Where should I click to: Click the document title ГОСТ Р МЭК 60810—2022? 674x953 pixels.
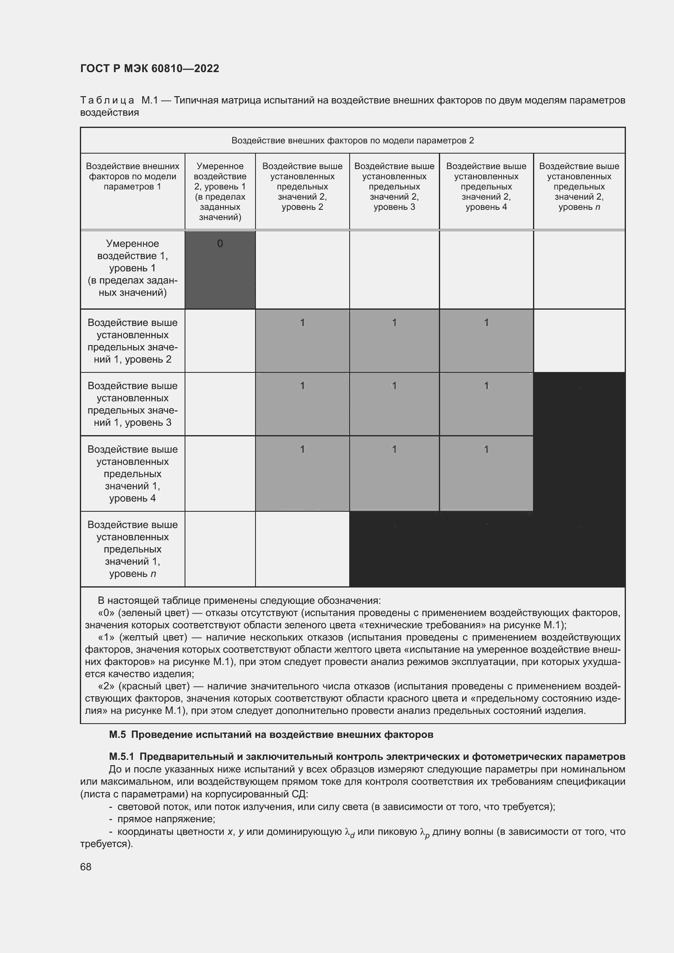click(x=150, y=68)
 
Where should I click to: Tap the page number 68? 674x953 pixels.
click(x=86, y=867)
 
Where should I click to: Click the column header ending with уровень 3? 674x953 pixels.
click(x=394, y=186)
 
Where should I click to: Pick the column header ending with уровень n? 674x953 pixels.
click(x=579, y=186)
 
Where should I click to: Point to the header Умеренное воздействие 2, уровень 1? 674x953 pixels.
click(x=220, y=191)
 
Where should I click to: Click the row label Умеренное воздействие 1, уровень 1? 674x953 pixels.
click(x=132, y=268)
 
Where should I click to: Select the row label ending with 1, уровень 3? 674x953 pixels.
click(x=132, y=404)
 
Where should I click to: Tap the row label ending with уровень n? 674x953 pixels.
click(x=132, y=549)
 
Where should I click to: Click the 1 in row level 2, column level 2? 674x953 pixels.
click(x=302, y=323)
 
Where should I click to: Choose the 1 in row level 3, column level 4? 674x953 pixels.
click(x=486, y=385)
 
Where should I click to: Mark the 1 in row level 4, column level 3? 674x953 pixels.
click(x=394, y=449)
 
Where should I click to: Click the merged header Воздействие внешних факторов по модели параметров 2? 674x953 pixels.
click(x=352, y=141)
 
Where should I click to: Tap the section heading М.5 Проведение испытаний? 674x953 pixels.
click(x=271, y=734)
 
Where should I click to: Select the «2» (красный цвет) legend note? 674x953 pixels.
click(x=352, y=698)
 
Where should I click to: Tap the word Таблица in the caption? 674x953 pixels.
click(x=107, y=101)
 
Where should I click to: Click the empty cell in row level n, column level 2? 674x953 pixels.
click(x=302, y=549)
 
